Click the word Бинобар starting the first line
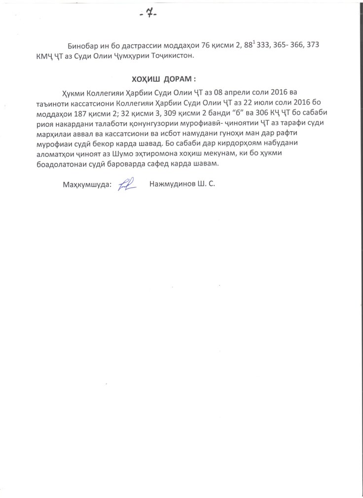tap(81, 46)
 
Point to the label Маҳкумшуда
tap(87, 185)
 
